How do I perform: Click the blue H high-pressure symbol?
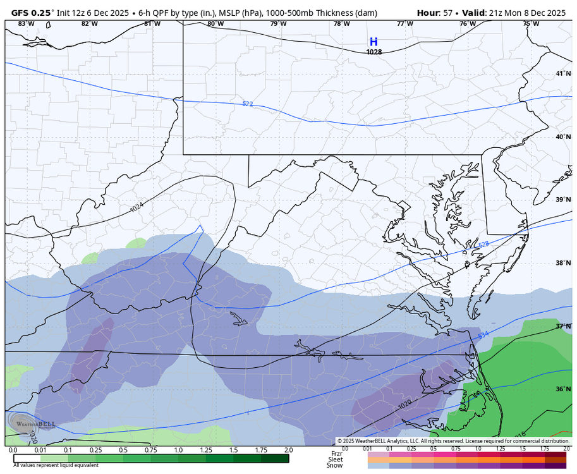point(374,42)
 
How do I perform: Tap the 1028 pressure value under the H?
point(374,52)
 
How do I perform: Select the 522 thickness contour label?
point(248,103)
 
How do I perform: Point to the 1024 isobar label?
point(137,207)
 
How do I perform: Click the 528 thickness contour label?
point(483,244)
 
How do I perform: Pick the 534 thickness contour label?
point(483,334)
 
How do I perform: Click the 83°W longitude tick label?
point(26,23)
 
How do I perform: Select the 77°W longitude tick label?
point(405,23)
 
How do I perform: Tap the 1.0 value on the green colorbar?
point(178,450)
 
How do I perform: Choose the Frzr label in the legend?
point(337,453)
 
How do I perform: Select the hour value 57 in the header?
point(447,13)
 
